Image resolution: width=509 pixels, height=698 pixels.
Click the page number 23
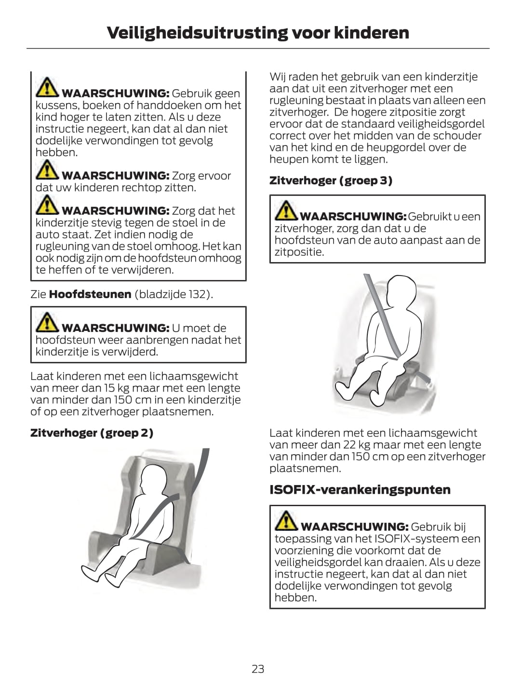258,669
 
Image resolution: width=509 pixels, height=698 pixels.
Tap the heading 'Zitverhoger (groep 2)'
92,433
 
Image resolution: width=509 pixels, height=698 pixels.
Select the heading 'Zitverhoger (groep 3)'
331,181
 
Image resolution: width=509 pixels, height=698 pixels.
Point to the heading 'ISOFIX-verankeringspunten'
360,489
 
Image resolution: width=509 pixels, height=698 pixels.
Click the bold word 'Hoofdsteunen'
90,294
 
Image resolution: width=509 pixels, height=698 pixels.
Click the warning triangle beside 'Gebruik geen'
47,87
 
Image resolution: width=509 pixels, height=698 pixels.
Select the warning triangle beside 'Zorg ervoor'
47,170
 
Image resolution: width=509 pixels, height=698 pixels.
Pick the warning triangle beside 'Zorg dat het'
47,205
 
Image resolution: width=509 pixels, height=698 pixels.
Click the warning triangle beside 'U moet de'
47,322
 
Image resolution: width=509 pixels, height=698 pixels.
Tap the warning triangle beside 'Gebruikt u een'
286,211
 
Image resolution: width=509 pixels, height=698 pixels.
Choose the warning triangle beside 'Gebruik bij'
286,521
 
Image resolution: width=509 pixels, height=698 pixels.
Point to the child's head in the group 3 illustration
401,293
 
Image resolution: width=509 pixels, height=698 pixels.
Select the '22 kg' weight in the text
356,445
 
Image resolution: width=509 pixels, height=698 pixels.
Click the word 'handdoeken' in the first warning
169,105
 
